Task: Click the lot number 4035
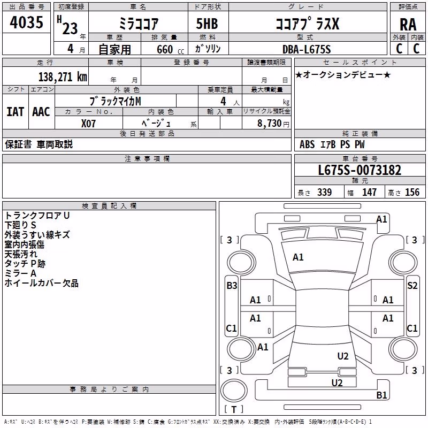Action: coord(26,22)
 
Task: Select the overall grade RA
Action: coord(408,25)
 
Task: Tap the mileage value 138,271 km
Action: coord(63,77)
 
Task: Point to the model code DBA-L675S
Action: coord(307,49)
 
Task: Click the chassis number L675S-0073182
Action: coord(360,170)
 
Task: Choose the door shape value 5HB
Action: coord(207,24)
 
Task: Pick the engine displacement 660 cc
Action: coord(170,49)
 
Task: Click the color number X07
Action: coord(88,124)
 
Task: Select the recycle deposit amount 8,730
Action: coord(270,124)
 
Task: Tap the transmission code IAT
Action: coord(16,112)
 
